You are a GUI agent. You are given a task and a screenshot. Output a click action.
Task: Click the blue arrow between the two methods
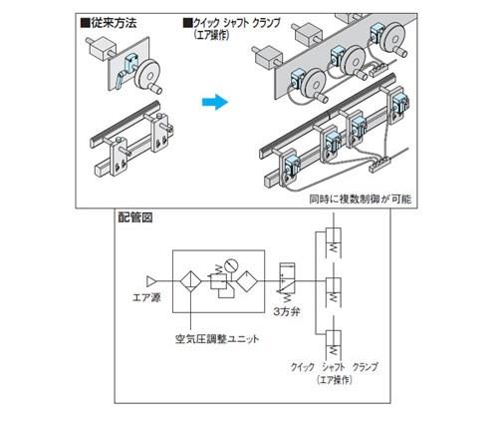(x=215, y=102)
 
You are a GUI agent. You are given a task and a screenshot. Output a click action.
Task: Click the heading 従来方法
(x=110, y=23)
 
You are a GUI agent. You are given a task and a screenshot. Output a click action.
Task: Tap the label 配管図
(x=135, y=217)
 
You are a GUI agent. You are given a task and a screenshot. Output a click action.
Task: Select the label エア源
(x=146, y=297)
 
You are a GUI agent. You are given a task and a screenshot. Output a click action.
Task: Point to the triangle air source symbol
(x=151, y=281)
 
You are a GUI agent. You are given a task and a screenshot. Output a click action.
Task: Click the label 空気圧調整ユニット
(x=217, y=339)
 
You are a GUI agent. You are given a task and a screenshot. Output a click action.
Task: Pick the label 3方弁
(x=287, y=312)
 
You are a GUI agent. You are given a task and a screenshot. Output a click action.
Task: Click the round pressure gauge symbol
(x=231, y=266)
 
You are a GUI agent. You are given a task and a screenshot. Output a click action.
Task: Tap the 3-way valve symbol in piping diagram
(x=287, y=278)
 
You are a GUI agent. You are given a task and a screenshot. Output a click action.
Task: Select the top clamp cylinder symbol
(x=334, y=242)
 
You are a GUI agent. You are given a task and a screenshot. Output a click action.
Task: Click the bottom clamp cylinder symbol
(x=334, y=344)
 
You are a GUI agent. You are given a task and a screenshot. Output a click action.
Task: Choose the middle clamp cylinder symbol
(x=334, y=291)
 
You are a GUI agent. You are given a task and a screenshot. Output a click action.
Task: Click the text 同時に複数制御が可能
(x=361, y=200)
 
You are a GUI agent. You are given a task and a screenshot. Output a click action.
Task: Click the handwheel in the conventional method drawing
(x=147, y=75)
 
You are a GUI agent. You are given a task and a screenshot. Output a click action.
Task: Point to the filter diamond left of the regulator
(x=191, y=281)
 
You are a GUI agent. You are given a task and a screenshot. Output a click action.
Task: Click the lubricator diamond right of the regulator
(x=247, y=281)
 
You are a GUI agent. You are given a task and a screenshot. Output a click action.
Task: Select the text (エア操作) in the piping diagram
(x=334, y=380)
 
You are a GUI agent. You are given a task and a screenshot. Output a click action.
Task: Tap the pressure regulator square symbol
(x=218, y=282)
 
